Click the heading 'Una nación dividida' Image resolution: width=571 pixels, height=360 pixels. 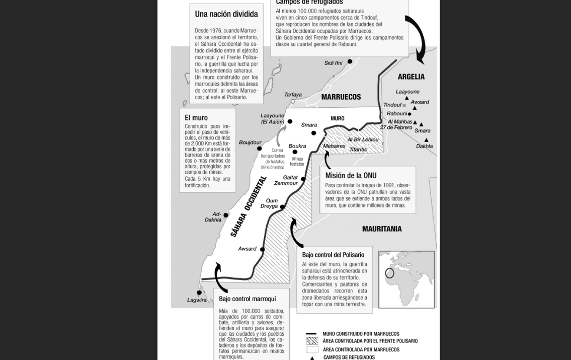(x=226, y=14)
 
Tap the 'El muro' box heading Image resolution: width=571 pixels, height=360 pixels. (x=196, y=118)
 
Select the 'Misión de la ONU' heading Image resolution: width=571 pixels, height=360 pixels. (x=351, y=175)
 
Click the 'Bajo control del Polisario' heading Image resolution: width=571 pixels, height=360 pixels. (x=333, y=255)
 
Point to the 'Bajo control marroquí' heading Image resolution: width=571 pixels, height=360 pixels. (x=247, y=299)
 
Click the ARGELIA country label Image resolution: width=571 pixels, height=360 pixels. (x=411, y=77)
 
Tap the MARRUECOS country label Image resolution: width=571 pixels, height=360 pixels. (x=341, y=97)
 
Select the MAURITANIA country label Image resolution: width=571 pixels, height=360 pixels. (x=382, y=229)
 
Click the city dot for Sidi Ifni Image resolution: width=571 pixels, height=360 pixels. (x=350, y=61)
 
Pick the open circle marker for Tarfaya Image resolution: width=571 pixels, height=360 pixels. (x=293, y=101)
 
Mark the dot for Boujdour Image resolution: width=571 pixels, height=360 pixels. (x=259, y=149)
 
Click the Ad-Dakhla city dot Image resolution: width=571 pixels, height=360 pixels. (x=226, y=215)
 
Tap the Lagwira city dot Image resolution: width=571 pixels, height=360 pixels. (x=199, y=293)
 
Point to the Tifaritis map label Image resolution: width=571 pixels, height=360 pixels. (x=358, y=150)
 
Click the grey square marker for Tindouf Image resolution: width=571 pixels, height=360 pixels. (x=404, y=105)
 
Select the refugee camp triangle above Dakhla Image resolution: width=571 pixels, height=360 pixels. (x=426, y=140)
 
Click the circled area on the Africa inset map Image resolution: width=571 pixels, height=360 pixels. (x=390, y=273)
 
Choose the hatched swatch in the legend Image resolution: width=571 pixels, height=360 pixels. (x=312, y=341)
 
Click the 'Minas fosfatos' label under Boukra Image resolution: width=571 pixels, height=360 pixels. (x=297, y=162)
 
